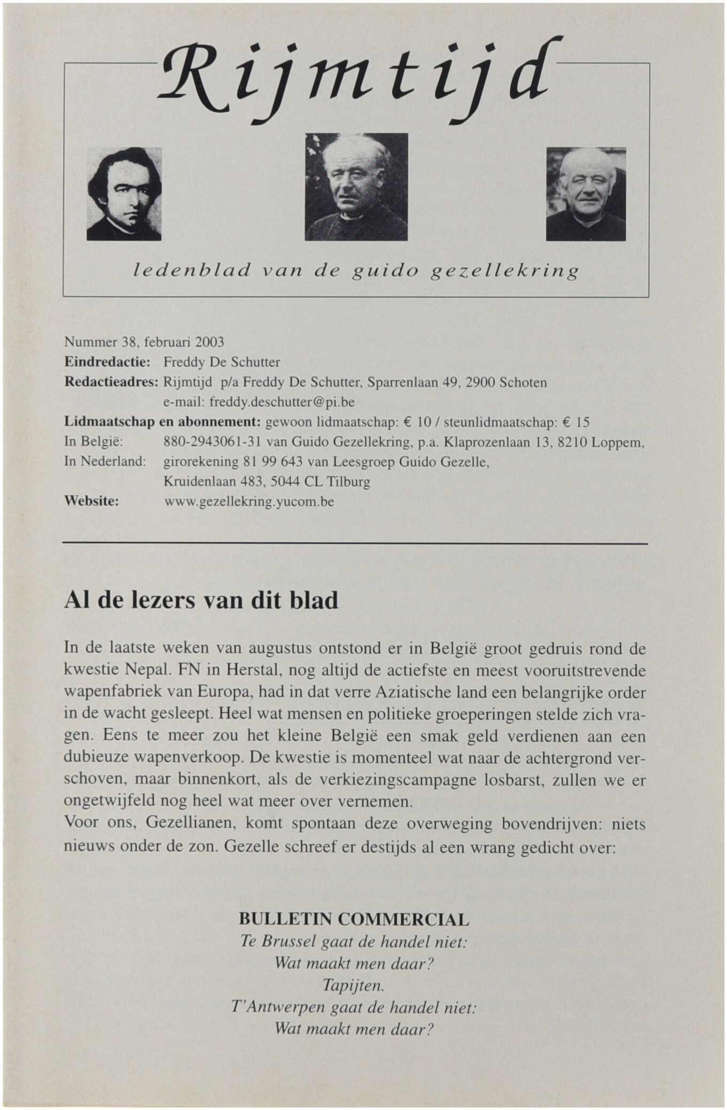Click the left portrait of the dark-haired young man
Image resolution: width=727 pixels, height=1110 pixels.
(x=124, y=194)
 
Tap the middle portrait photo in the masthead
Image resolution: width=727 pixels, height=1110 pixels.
(x=356, y=186)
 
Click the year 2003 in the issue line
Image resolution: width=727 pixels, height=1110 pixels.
(x=210, y=342)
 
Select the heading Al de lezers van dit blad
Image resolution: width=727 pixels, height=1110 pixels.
(x=201, y=601)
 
